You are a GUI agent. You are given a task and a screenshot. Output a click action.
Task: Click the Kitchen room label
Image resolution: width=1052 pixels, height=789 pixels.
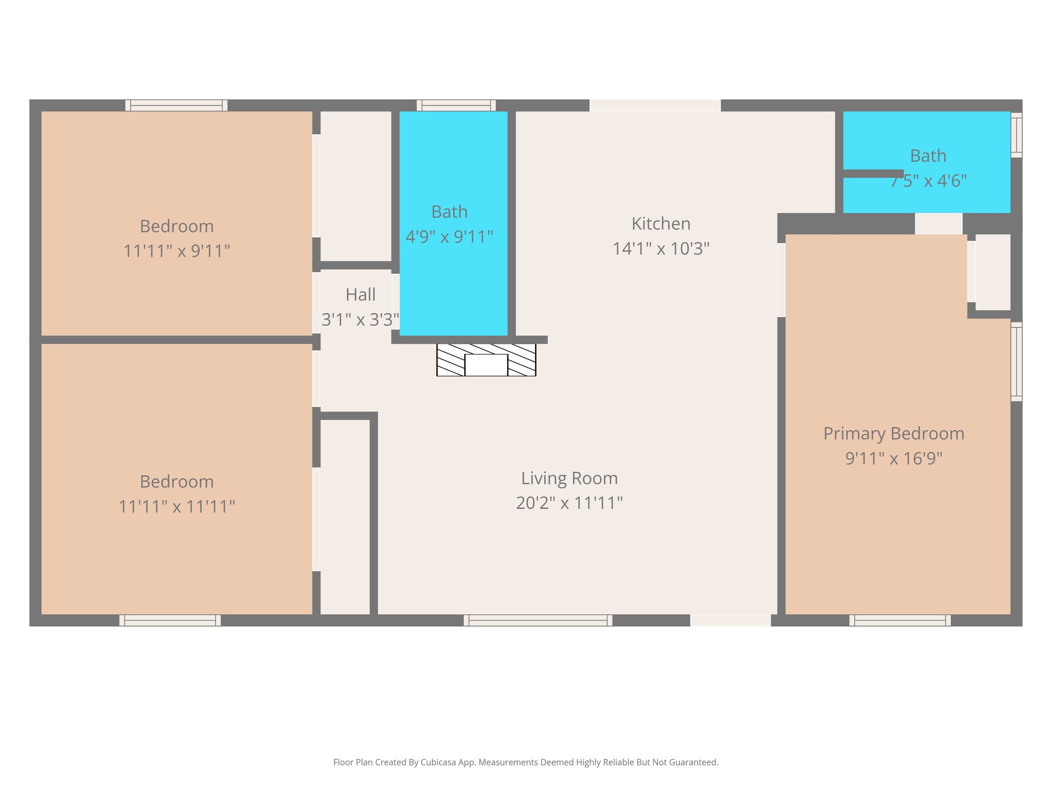point(661,223)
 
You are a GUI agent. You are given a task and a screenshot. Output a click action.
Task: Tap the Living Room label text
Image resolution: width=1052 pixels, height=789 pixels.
point(569,478)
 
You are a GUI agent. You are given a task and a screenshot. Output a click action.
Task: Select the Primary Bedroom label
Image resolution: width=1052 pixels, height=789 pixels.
point(893,434)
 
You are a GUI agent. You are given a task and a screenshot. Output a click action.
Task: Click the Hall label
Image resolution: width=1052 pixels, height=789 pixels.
point(361,295)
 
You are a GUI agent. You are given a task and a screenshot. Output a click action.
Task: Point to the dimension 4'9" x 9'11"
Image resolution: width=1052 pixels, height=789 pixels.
point(449,237)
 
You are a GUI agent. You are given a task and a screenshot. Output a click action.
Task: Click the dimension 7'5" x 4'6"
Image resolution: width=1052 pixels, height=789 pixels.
point(929,181)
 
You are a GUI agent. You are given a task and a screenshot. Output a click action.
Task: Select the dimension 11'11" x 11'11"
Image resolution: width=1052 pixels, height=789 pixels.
point(177,506)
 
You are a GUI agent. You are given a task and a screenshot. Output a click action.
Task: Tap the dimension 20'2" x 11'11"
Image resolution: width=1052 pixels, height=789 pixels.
point(569,503)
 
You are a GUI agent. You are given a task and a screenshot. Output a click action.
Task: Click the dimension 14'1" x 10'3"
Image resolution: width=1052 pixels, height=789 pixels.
point(661,249)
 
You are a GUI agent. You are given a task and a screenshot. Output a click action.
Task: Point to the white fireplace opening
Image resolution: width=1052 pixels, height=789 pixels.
point(486,365)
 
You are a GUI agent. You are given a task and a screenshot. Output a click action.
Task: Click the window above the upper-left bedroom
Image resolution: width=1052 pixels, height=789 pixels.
point(176,105)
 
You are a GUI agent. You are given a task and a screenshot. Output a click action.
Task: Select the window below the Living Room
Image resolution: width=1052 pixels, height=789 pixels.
point(538,621)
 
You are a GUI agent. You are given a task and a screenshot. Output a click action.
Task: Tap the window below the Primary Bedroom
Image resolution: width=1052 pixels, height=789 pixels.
point(899,621)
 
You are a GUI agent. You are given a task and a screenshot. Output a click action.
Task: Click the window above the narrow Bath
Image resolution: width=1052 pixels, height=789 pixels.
point(456,105)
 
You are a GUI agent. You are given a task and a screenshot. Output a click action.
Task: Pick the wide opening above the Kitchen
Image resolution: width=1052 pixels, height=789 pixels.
point(655,105)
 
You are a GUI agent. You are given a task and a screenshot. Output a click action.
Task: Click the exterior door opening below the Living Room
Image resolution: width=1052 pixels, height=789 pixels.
point(730,621)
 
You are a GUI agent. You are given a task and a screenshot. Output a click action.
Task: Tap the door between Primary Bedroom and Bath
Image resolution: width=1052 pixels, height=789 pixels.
point(938,224)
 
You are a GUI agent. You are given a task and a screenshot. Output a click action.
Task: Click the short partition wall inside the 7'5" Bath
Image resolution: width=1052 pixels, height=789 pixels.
point(873,174)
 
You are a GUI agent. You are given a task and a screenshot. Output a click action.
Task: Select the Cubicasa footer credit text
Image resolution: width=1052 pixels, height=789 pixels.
point(525,762)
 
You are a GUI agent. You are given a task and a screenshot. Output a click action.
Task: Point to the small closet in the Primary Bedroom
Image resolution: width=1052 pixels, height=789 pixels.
point(992,272)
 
